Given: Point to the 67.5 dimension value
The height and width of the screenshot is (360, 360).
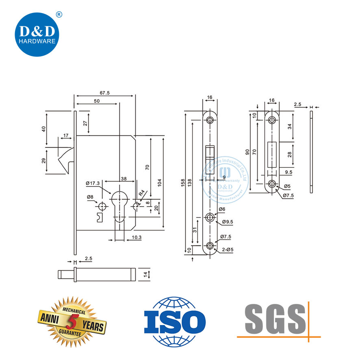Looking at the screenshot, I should click(104, 93).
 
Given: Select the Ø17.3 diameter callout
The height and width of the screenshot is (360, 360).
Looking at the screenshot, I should click(92, 183).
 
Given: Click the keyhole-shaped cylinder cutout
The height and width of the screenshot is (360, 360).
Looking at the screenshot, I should click(121, 205).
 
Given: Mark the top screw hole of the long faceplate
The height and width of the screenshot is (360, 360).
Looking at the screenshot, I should click(210, 120).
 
